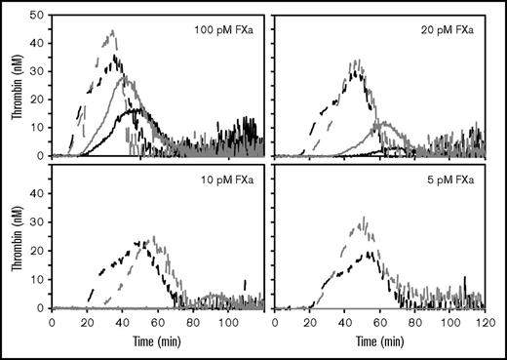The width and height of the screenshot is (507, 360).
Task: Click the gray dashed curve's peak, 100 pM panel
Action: point(113,31)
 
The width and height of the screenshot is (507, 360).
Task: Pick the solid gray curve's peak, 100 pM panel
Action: point(123,76)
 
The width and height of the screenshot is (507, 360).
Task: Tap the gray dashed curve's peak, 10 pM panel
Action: point(152,236)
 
